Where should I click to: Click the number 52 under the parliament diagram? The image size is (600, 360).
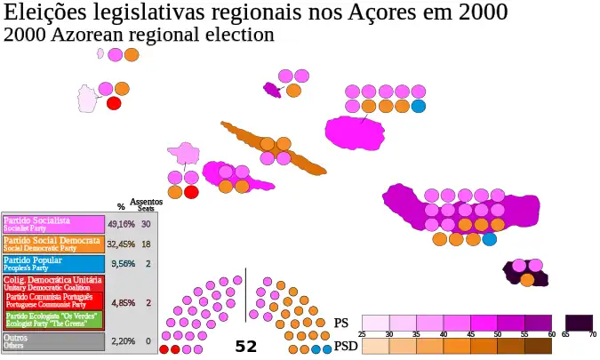coord(245,347)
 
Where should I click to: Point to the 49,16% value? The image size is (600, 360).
coord(121,224)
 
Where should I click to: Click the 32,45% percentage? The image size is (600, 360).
coord(121,244)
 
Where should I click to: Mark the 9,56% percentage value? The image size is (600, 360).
coord(121,264)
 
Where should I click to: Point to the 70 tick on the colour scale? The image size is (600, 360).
coord(592,333)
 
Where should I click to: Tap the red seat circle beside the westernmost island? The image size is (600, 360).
coord(114,103)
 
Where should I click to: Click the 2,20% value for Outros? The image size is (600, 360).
coord(121,340)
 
